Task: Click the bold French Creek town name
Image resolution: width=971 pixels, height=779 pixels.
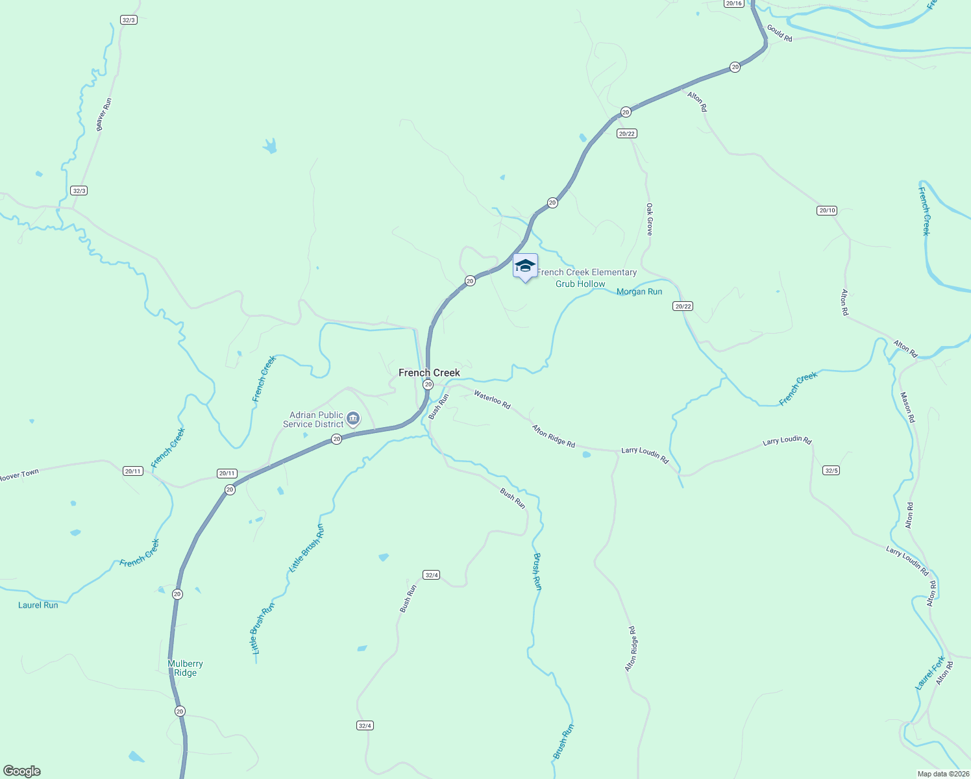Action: click(x=429, y=373)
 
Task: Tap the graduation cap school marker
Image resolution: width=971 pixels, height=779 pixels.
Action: click(x=525, y=266)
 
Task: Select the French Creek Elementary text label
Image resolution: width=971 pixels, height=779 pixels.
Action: click(x=587, y=273)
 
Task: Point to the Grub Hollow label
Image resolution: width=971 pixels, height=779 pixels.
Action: click(x=580, y=284)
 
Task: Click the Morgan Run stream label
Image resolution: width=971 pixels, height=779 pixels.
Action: click(x=639, y=292)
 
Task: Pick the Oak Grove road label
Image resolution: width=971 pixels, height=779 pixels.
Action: click(x=649, y=219)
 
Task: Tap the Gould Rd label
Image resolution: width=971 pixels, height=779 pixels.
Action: click(x=780, y=33)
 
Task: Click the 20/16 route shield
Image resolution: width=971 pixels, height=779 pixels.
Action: click(x=733, y=4)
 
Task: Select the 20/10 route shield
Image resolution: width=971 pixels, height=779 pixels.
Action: click(x=827, y=210)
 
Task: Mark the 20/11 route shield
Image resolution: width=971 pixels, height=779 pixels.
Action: click(x=227, y=474)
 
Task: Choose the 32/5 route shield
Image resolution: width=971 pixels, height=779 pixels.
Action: click(x=831, y=470)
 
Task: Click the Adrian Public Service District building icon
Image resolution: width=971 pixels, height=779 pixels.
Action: click(x=353, y=418)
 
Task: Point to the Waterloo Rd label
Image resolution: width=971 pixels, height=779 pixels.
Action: click(x=492, y=399)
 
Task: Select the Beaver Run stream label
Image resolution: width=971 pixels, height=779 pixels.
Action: click(x=104, y=114)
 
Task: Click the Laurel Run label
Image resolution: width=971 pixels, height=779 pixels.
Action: click(x=38, y=605)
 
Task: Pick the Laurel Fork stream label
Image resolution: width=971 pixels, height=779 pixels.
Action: click(x=930, y=674)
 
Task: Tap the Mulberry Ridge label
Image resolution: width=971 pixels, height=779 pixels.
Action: click(x=186, y=668)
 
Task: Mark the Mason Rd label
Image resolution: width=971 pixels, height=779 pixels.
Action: click(x=907, y=407)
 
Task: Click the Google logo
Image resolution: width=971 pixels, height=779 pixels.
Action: click(x=21, y=771)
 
